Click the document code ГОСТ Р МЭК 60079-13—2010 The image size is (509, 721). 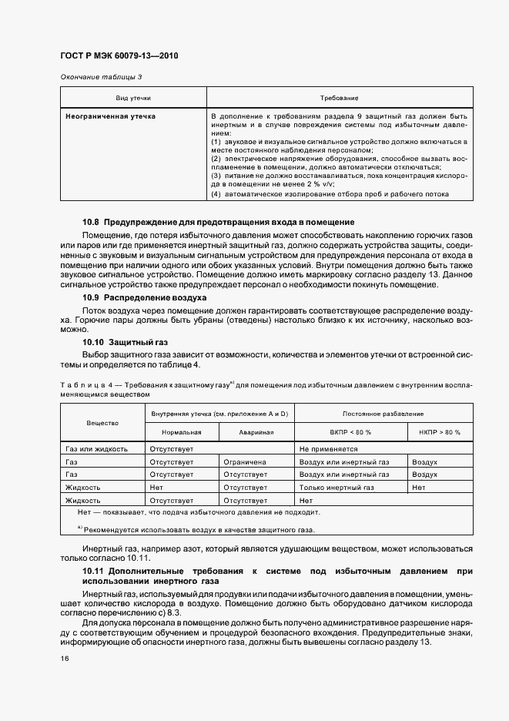coord(119,56)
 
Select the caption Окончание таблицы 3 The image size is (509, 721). coord(101,78)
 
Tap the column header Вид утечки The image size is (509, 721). coord(132,99)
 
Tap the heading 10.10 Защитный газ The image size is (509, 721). coord(125,342)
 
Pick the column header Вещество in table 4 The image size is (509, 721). coord(102,423)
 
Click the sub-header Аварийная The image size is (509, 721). coord(256,433)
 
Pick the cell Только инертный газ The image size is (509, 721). coord(337,488)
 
